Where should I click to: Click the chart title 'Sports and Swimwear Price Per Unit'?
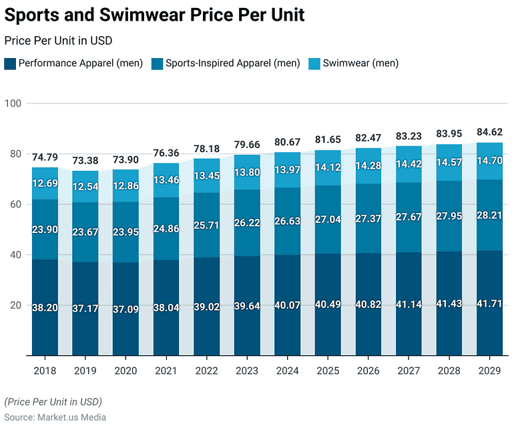coord(154,15)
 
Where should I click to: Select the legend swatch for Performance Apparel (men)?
coord(9,64)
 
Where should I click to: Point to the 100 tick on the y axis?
coord(14,103)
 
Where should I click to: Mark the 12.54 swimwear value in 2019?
coord(85,186)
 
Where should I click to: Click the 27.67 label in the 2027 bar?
coord(409,218)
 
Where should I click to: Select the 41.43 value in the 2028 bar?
coord(449,304)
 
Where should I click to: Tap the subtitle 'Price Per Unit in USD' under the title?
coord(58,41)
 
